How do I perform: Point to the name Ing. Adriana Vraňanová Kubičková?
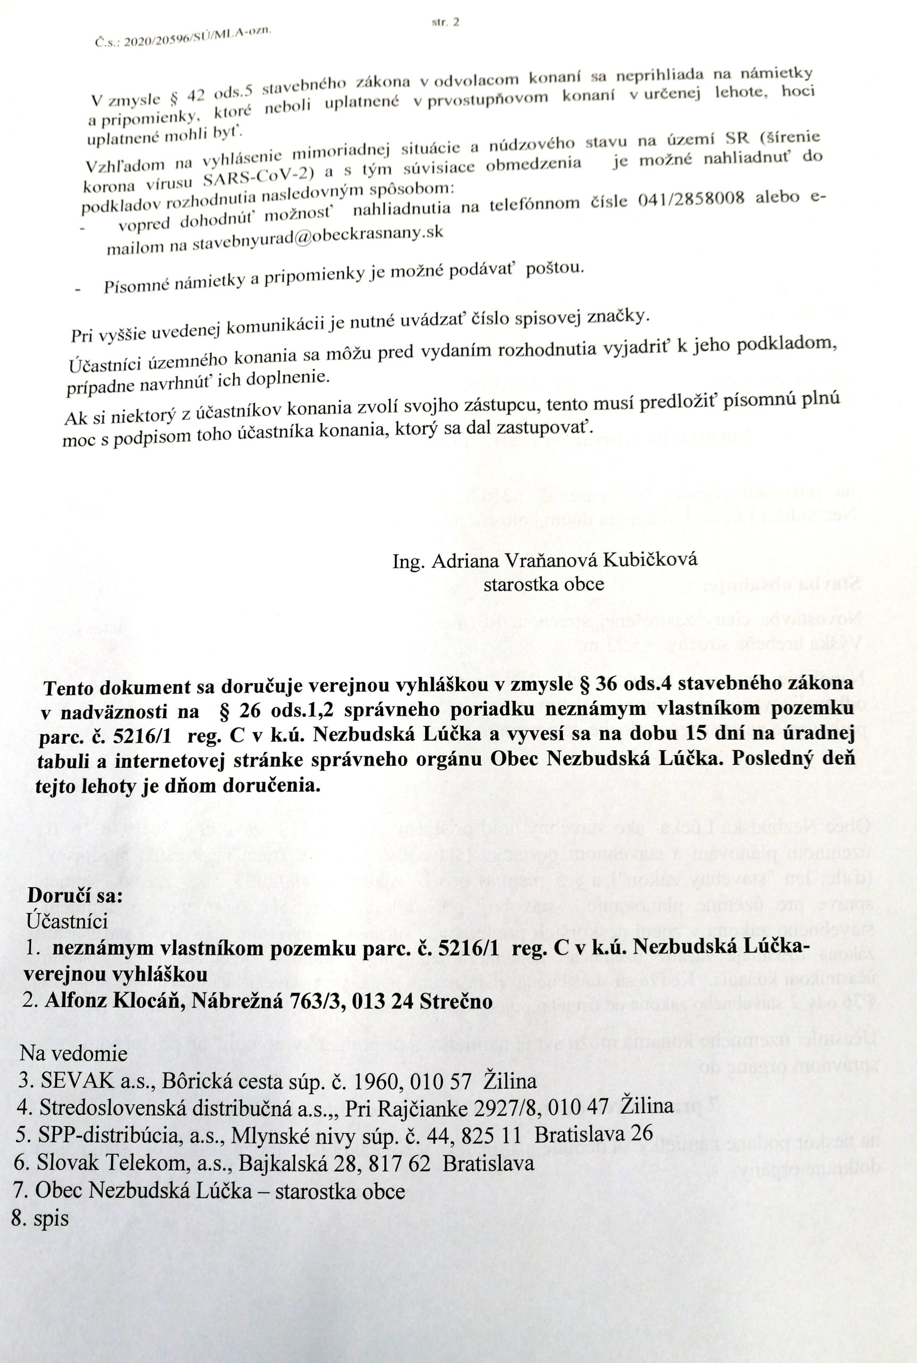(545, 561)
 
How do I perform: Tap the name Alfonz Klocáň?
(114, 1000)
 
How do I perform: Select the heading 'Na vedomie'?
(73, 1054)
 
